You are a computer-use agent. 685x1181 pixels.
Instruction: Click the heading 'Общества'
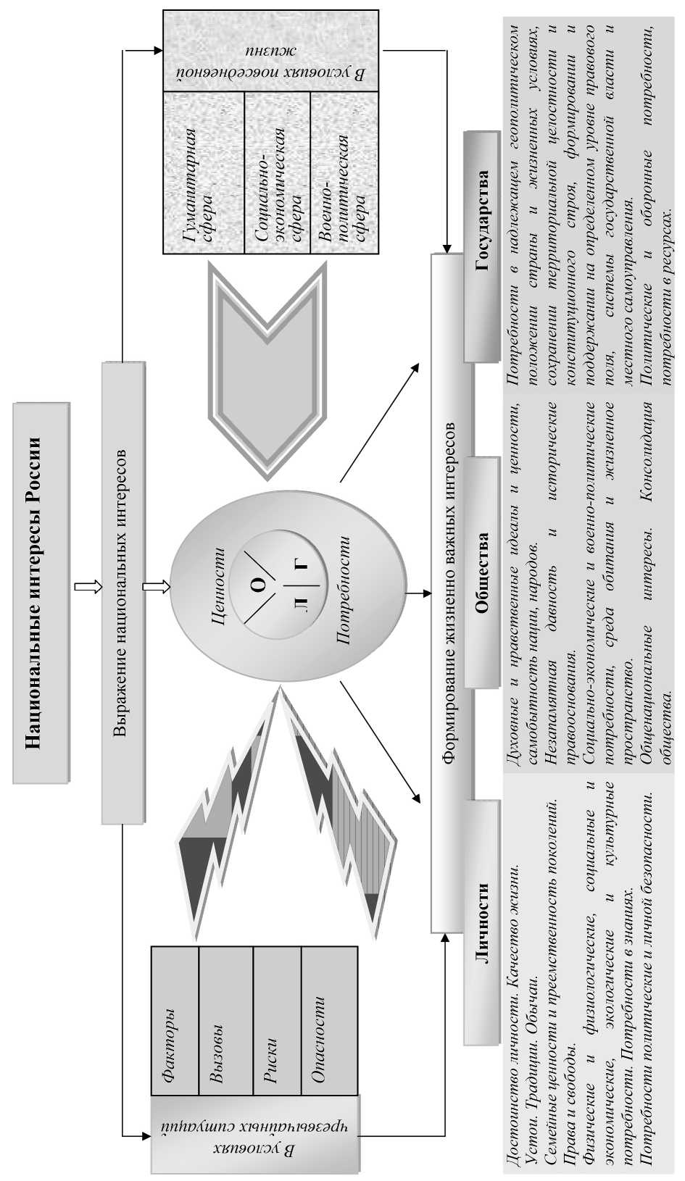(482, 572)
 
